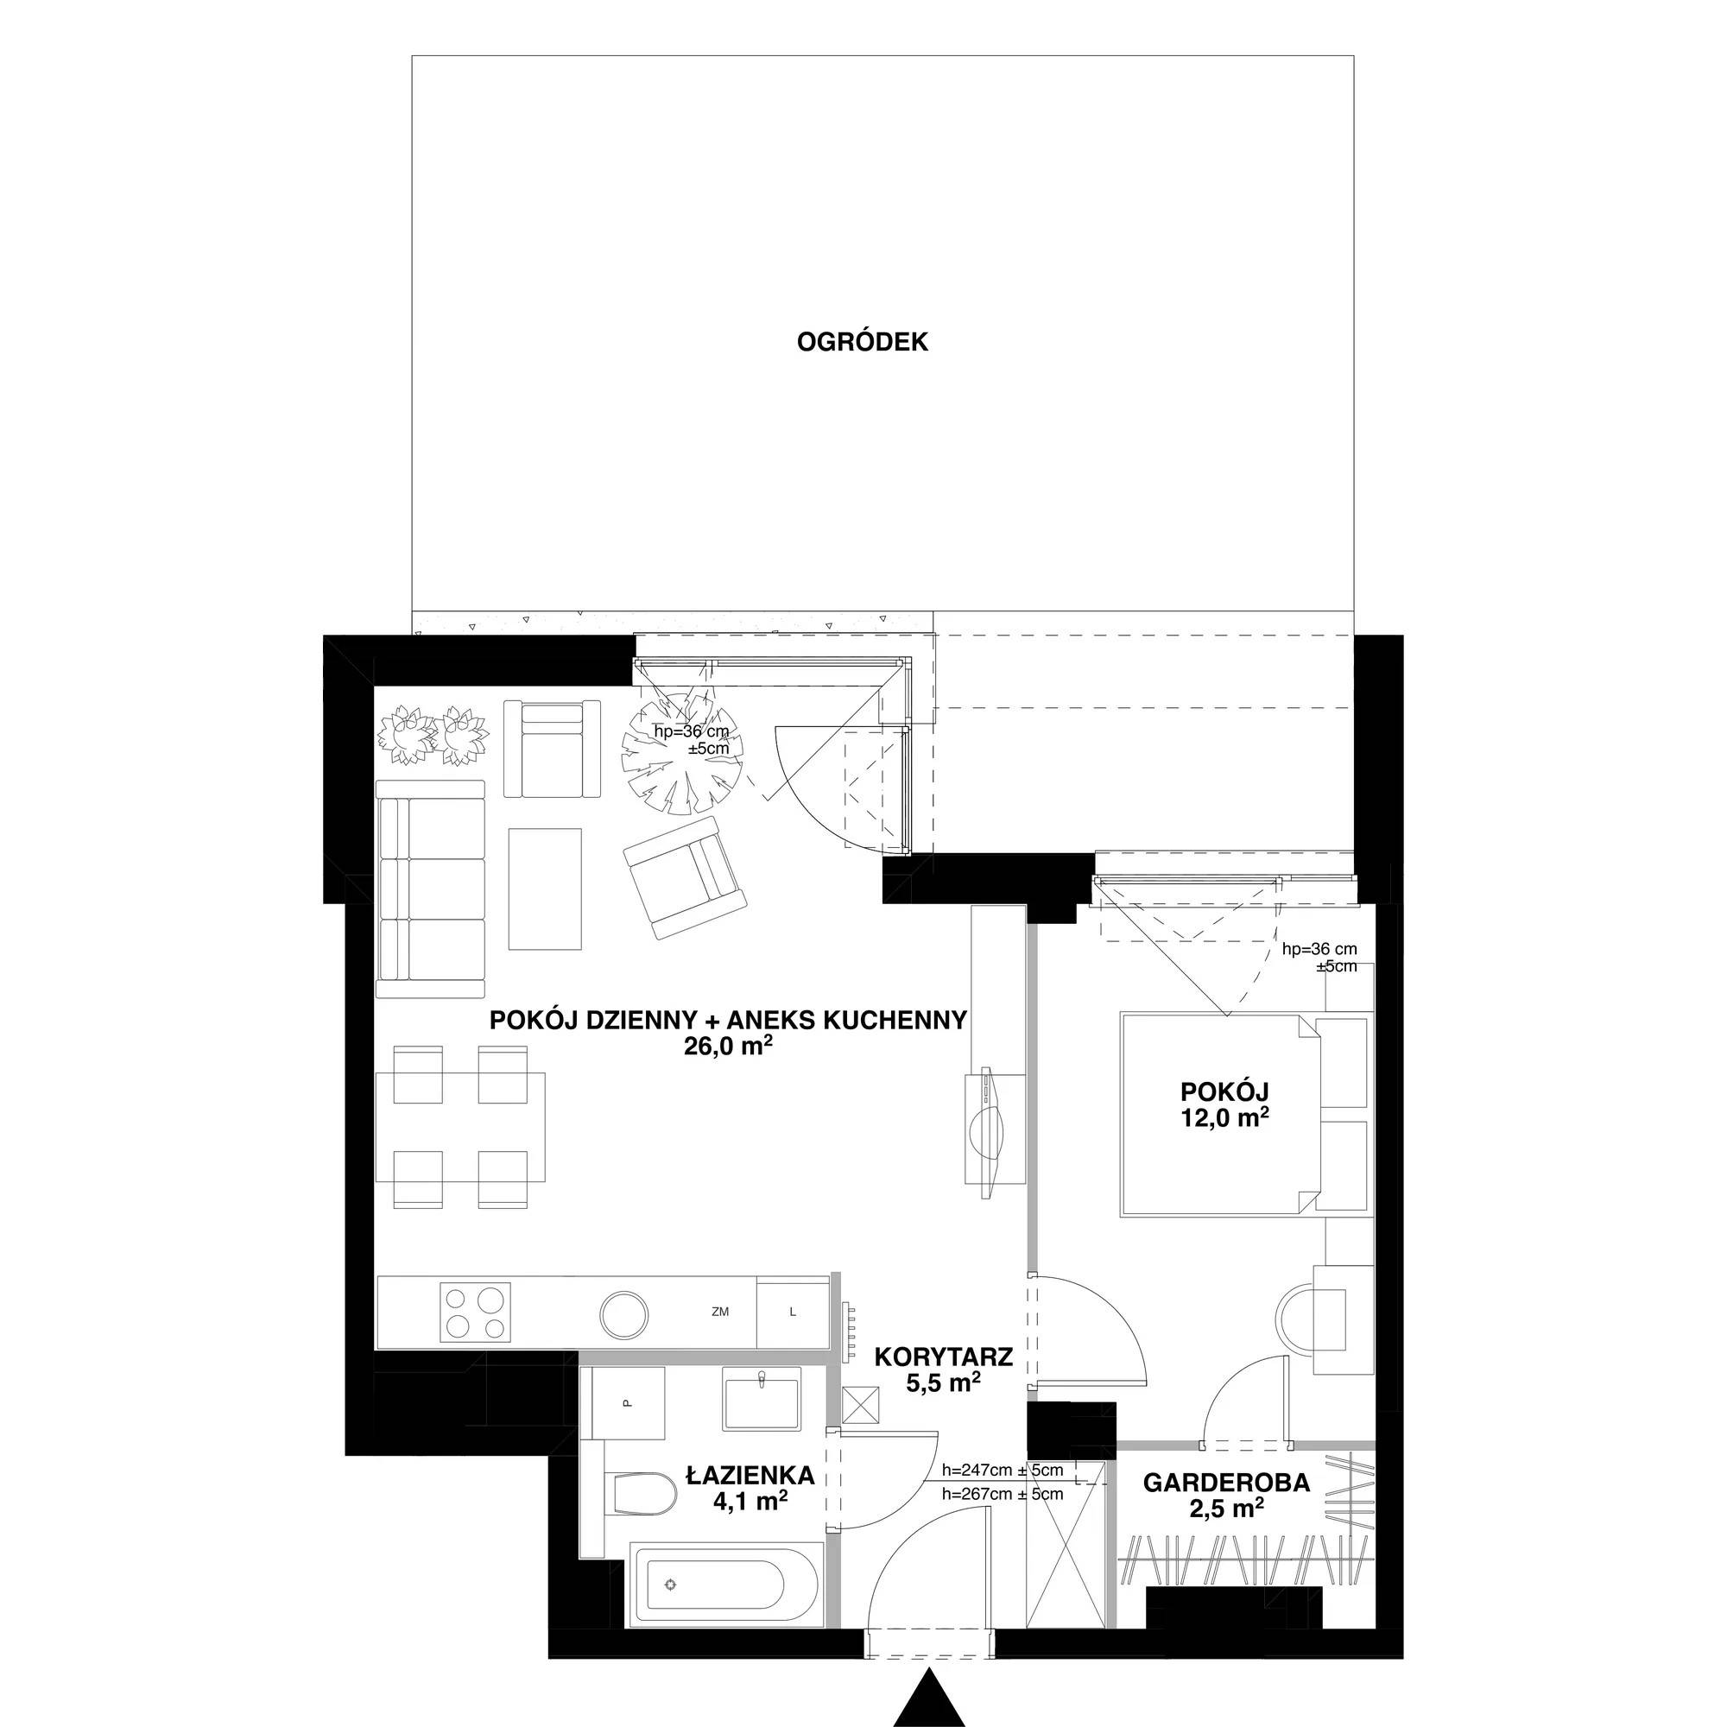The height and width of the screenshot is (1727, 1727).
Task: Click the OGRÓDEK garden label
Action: (863, 342)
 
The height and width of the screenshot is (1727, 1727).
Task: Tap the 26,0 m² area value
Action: (728, 1047)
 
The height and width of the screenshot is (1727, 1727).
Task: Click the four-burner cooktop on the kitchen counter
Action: (477, 1313)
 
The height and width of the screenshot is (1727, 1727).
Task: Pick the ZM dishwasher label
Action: (720, 1313)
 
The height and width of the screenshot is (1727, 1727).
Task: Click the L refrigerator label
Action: (792, 1313)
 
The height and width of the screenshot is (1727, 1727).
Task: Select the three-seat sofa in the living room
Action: (430, 889)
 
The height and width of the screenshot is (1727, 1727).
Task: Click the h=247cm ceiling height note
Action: (1003, 1471)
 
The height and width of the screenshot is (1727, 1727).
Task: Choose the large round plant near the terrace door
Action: (683, 753)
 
